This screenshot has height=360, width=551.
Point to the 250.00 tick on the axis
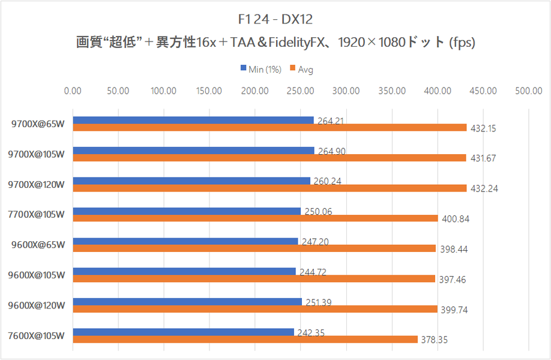300,91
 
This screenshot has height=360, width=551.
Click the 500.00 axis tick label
528,91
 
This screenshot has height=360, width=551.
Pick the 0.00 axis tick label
73,91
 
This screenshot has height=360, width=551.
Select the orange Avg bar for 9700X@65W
269,127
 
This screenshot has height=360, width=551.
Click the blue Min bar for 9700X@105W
193,150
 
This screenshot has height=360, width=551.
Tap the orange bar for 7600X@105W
245,340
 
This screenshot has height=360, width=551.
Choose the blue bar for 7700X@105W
187,211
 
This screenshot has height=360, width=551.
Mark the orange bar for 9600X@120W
254,309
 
